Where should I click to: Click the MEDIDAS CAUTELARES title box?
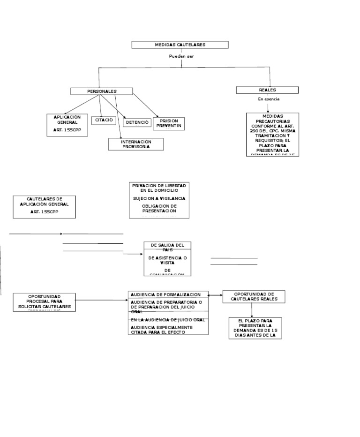(x=180, y=45)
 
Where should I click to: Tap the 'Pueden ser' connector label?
(x=181, y=56)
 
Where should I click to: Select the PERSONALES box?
(x=102, y=91)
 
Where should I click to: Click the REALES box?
(x=267, y=90)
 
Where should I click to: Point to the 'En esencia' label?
(x=269, y=99)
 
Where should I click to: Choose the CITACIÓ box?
(x=104, y=121)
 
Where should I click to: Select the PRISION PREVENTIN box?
(x=169, y=123)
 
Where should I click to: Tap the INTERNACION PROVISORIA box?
(x=136, y=144)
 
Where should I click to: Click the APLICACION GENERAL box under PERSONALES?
(x=67, y=125)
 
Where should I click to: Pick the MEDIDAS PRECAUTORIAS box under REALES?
(x=272, y=134)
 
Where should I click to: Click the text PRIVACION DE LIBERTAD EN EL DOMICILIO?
(x=159, y=188)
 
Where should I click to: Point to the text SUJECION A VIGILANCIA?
(x=159, y=198)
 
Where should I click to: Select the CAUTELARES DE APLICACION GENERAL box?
(x=44, y=206)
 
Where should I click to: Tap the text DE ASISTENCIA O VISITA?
(x=167, y=260)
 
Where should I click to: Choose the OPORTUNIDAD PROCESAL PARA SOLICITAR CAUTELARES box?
(x=44, y=301)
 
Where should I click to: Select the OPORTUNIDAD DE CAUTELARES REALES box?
(x=254, y=296)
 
